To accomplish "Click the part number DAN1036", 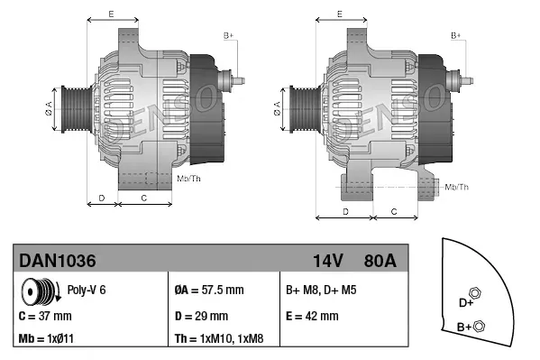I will click(58, 261).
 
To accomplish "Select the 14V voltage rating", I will click(328, 261).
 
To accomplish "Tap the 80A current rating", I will click(379, 261).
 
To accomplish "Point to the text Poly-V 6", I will click(87, 291).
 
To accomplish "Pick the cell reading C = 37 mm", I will click(44, 316).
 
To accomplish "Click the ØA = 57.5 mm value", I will click(207, 291).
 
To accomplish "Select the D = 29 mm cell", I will click(200, 316).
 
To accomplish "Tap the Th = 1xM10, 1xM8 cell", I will click(220, 340).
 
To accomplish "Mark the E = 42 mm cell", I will click(312, 316).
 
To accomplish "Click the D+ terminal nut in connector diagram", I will click(476, 294).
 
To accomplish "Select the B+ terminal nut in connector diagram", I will click(479, 326).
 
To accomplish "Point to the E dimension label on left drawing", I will click(110, 14).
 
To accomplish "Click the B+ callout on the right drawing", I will click(456, 35).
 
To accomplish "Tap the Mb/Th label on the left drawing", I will click(189, 180).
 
